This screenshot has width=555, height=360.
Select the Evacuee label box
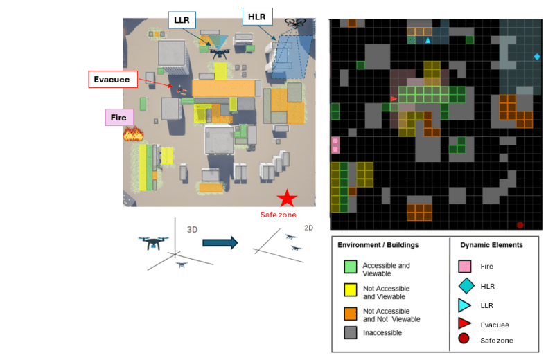[x=114, y=79]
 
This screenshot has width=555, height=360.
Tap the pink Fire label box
[x=119, y=118]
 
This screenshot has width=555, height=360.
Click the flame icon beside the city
[x=132, y=133]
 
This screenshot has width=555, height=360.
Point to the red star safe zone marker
[x=287, y=199]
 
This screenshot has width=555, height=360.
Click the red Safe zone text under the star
[x=278, y=215]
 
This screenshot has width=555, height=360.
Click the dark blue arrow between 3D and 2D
[x=220, y=242]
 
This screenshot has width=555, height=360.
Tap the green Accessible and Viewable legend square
[x=351, y=266]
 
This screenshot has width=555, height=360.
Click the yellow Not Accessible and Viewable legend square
[x=351, y=289]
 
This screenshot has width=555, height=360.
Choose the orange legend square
[x=351, y=313]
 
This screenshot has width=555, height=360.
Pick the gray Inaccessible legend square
[x=351, y=332]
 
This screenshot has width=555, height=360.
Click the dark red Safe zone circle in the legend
[x=464, y=339]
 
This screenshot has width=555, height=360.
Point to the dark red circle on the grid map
[x=520, y=224]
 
